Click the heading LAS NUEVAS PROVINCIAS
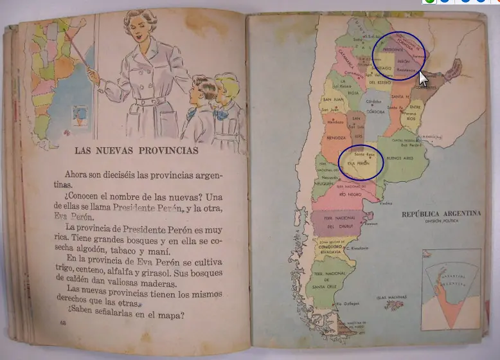tap(136, 151)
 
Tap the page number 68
tap(63, 322)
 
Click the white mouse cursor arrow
tap(423, 78)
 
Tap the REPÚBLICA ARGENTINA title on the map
tap(440, 214)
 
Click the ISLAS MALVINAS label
tap(390, 297)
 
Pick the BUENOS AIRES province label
tap(400, 156)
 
